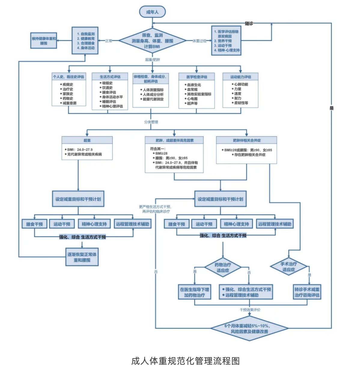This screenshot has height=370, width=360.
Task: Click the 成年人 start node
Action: [x=152, y=12]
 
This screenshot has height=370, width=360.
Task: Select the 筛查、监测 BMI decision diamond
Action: [x=152, y=41]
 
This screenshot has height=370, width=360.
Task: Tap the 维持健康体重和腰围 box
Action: [x=44, y=41]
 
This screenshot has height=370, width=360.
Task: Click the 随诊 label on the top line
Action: [x=249, y=23]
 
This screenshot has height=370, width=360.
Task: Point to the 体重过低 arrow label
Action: [x=199, y=41]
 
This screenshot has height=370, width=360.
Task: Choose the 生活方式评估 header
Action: [x=110, y=77]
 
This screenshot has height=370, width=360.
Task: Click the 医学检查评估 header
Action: [x=197, y=77]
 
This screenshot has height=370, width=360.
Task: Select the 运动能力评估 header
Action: [x=240, y=77]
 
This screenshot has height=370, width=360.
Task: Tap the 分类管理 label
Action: [x=151, y=122]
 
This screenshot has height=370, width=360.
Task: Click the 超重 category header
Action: [x=87, y=140]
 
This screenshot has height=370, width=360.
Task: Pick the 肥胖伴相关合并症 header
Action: [x=246, y=140]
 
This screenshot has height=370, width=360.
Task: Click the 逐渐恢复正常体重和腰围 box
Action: [x=82, y=257]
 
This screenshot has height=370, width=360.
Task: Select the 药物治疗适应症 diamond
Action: [x=223, y=267]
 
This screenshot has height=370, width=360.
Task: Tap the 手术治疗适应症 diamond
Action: [x=288, y=266]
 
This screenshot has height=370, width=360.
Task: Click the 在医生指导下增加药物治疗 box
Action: [x=194, y=292]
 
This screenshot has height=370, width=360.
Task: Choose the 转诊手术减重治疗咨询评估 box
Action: [x=307, y=292]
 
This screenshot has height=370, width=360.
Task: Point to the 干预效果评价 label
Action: [x=250, y=310]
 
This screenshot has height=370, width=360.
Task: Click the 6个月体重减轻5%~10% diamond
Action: [x=249, y=329]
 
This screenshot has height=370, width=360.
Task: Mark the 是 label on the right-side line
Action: [x=331, y=108]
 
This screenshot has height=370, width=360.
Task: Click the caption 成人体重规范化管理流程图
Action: [x=185, y=361]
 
